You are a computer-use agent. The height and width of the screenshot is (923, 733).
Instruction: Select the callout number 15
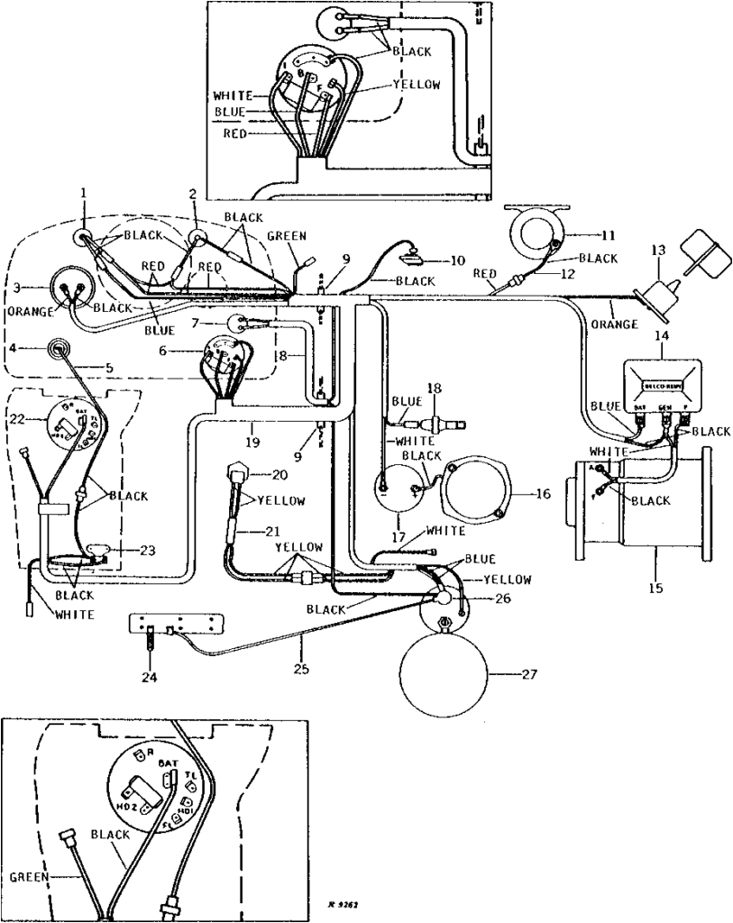tap(655, 588)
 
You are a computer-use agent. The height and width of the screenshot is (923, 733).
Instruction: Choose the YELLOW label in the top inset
tap(417, 86)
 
